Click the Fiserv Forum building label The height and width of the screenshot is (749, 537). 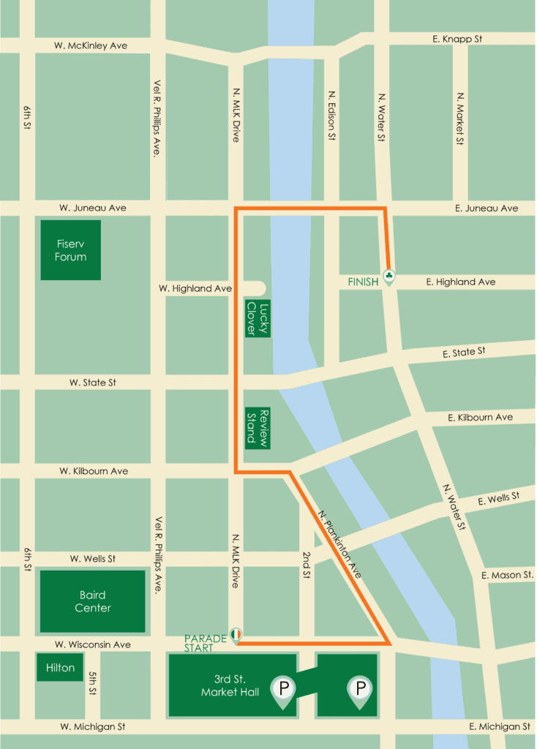pyautogui.click(x=70, y=250)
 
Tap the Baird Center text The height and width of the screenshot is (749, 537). pyautogui.click(x=92, y=601)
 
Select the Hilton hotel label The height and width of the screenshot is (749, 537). pyautogui.click(x=60, y=668)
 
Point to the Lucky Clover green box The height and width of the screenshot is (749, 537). pyautogui.click(x=258, y=319)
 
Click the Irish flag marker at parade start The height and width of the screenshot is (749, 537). pyautogui.click(x=236, y=634)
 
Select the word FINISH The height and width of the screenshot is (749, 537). pyautogui.click(x=363, y=282)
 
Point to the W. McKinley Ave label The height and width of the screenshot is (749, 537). pyautogui.click(x=91, y=45)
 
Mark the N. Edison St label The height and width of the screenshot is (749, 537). pyautogui.click(x=331, y=116)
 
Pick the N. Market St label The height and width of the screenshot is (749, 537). pyautogui.click(x=460, y=118)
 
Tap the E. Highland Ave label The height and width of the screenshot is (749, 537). pyautogui.click(x=460, y=282)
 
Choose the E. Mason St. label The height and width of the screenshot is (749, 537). pyautogui.click(x=507, y=576)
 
